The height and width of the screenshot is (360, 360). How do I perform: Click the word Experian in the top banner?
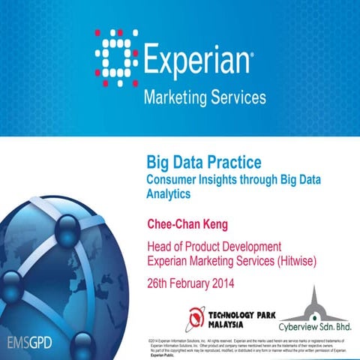pyautogui.click(x=196, y=59)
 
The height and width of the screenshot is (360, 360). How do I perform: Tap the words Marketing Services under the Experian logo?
pyautogui.click(x=204, y=97)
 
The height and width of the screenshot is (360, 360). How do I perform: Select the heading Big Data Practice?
pyautogui.click(x=202, y=161)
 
